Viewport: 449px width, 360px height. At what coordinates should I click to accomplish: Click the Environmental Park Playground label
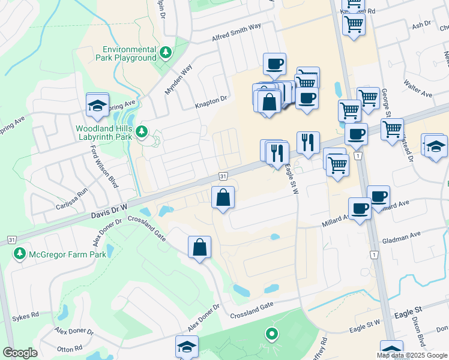(129, 53)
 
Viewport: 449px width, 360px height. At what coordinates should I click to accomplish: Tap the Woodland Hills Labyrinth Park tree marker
(142, 131)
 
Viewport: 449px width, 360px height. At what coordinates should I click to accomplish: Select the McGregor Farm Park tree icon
(20, 254)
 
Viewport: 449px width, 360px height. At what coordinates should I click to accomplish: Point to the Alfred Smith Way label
(237, 34)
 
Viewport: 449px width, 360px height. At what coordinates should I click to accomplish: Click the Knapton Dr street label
(211, 103)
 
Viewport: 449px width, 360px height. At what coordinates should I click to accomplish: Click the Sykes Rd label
(25, 314)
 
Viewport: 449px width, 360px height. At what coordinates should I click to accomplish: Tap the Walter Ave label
(418, 90)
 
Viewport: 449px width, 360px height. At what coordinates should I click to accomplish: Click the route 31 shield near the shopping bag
(223, 176)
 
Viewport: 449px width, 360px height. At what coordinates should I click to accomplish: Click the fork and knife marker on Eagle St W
(308, 143)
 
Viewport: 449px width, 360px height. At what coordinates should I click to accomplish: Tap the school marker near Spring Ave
(97, 106)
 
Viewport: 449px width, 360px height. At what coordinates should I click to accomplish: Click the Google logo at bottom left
(20, 353)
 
